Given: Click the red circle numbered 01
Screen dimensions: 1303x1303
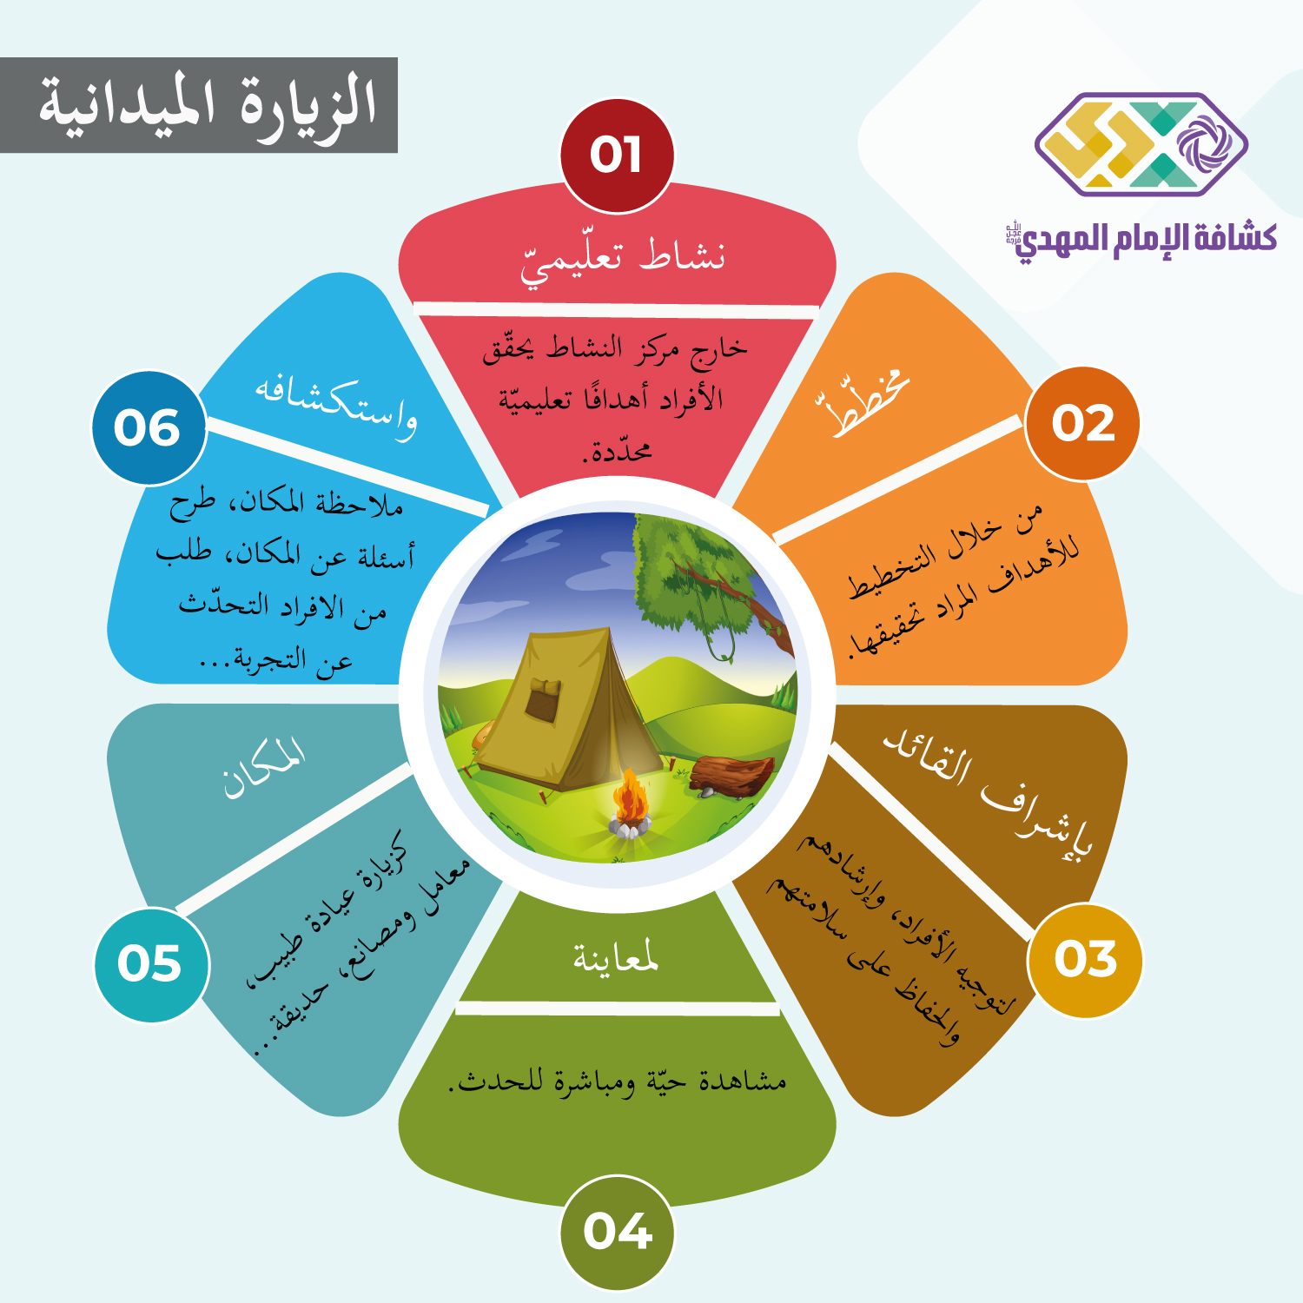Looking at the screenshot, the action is tap(617, 155).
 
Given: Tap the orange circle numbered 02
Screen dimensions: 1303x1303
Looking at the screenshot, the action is tap(1082, 424).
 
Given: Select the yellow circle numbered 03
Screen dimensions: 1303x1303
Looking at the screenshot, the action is tap(1085, 960).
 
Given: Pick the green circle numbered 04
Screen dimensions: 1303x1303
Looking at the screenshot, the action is tap(617, 1232).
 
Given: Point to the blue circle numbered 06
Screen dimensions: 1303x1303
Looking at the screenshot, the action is tap(149, 428).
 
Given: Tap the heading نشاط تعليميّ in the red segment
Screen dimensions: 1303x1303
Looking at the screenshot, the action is tap(622, 260).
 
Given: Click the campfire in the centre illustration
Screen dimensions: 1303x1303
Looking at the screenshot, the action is tap(630, 804).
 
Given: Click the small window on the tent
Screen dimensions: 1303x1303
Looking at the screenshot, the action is tap(543, 700).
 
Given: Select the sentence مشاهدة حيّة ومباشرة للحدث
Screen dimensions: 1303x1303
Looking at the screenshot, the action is tap(618, 1081).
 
